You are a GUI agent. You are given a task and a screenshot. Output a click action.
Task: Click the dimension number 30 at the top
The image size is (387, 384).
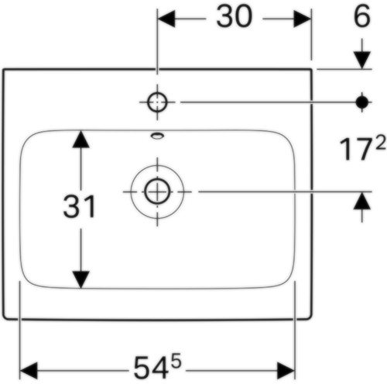click(234, 17)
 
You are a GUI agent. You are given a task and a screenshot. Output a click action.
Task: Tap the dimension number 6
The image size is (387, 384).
click(361, 16)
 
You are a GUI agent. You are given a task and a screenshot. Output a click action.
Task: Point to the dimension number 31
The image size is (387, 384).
click(80, 206)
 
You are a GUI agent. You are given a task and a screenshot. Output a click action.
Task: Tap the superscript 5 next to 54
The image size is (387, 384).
click(176, 362)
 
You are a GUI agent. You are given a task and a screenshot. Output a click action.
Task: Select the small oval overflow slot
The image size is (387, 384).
click(157, 136)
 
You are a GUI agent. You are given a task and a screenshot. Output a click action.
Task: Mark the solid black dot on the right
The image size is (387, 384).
click(362, 102)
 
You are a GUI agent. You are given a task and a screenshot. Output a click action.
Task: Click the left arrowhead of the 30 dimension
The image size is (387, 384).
click(166, 19)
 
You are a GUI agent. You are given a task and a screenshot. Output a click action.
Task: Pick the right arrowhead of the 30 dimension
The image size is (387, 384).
click(302, 19)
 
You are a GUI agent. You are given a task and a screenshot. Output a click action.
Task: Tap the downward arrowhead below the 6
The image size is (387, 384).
click(362, 61)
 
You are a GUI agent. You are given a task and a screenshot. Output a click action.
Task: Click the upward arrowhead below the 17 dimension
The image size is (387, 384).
click(362, 201)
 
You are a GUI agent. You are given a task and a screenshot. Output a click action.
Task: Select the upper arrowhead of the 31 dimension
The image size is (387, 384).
click(80, 139)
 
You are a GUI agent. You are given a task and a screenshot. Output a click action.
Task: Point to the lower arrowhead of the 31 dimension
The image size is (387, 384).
click(80, 279)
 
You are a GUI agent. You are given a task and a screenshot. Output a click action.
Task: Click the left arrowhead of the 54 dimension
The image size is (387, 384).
click(29, 370)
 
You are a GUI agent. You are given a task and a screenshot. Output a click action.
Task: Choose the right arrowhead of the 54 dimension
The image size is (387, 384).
click(286, 370)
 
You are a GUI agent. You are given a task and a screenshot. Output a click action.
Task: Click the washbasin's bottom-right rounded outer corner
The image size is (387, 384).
click(310, 317)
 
